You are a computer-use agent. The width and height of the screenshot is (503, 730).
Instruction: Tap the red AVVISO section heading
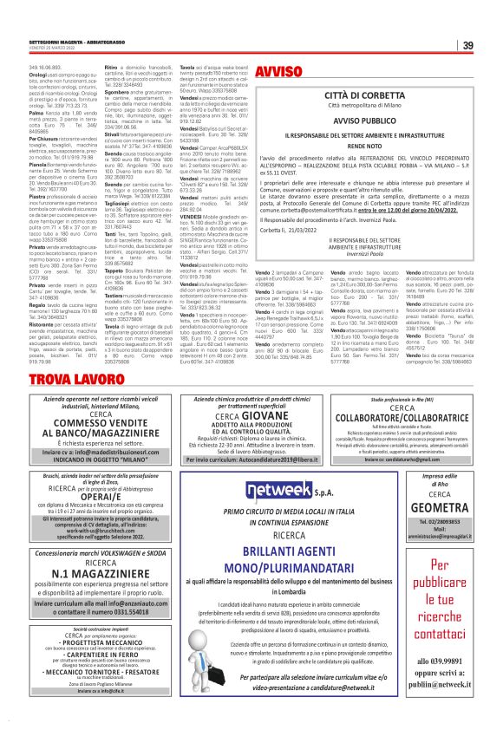coord(280,69)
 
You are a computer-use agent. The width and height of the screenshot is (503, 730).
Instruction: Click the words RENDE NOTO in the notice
coord(375,147)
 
